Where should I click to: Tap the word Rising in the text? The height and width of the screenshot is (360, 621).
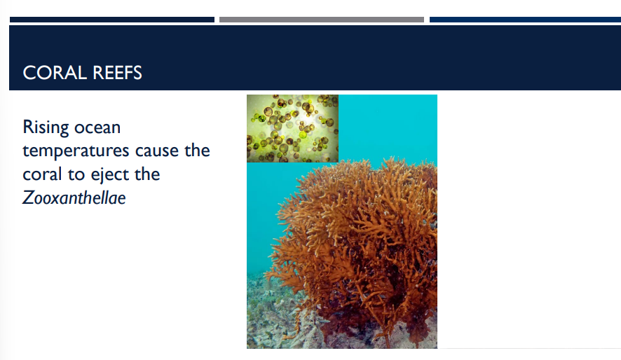tap(45, 127)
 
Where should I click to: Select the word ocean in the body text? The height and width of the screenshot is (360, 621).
tap(97, 127)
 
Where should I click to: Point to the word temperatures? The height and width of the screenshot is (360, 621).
tap(76, 151)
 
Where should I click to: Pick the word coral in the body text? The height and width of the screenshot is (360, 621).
tap(42, 174)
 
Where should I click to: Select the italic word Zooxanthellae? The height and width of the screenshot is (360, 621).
tap(74, 198)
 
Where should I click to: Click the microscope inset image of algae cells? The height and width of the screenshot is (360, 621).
tap(292, 128)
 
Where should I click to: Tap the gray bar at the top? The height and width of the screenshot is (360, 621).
tap(322, 20)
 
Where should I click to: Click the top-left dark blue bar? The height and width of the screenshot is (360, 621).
tap(112, 20)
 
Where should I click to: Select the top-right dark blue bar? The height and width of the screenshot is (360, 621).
tap(525, 20)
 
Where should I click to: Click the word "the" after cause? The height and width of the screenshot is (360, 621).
tap(198, 151)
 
